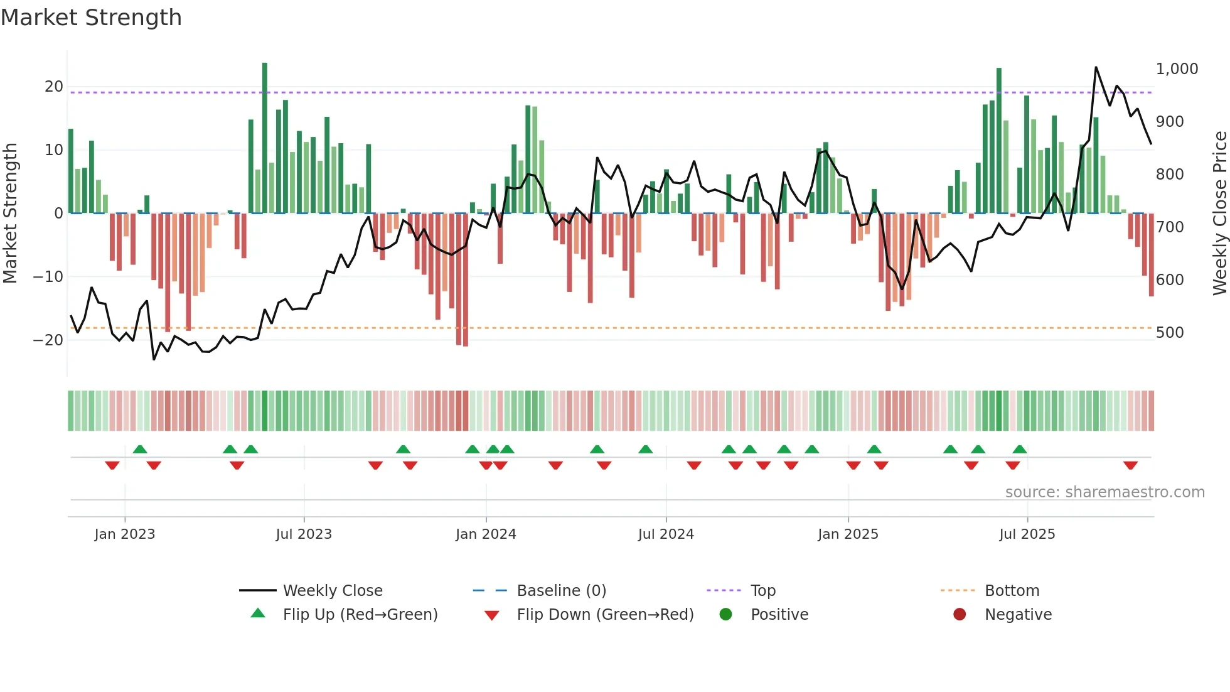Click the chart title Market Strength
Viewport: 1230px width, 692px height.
92,18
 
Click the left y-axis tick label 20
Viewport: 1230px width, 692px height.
54,87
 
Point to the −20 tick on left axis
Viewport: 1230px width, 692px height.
49,340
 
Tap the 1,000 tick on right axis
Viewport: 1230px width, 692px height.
1177,69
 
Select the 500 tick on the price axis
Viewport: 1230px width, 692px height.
1170,333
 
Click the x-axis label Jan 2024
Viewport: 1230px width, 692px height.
486,534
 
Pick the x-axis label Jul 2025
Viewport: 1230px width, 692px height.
1027,534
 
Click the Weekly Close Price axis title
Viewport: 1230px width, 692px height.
1219,214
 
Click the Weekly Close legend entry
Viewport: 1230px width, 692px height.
333,591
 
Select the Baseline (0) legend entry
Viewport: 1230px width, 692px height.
561,591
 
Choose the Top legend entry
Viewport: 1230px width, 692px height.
763,591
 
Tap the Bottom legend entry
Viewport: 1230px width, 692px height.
1012,591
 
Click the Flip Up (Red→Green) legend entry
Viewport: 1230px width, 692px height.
360,615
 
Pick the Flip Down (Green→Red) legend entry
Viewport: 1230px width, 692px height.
605,615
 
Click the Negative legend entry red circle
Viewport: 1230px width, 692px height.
960,615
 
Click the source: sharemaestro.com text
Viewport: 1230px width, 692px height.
1104,492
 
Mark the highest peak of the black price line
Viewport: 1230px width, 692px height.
1096,68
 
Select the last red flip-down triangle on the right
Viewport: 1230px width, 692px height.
1130,465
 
